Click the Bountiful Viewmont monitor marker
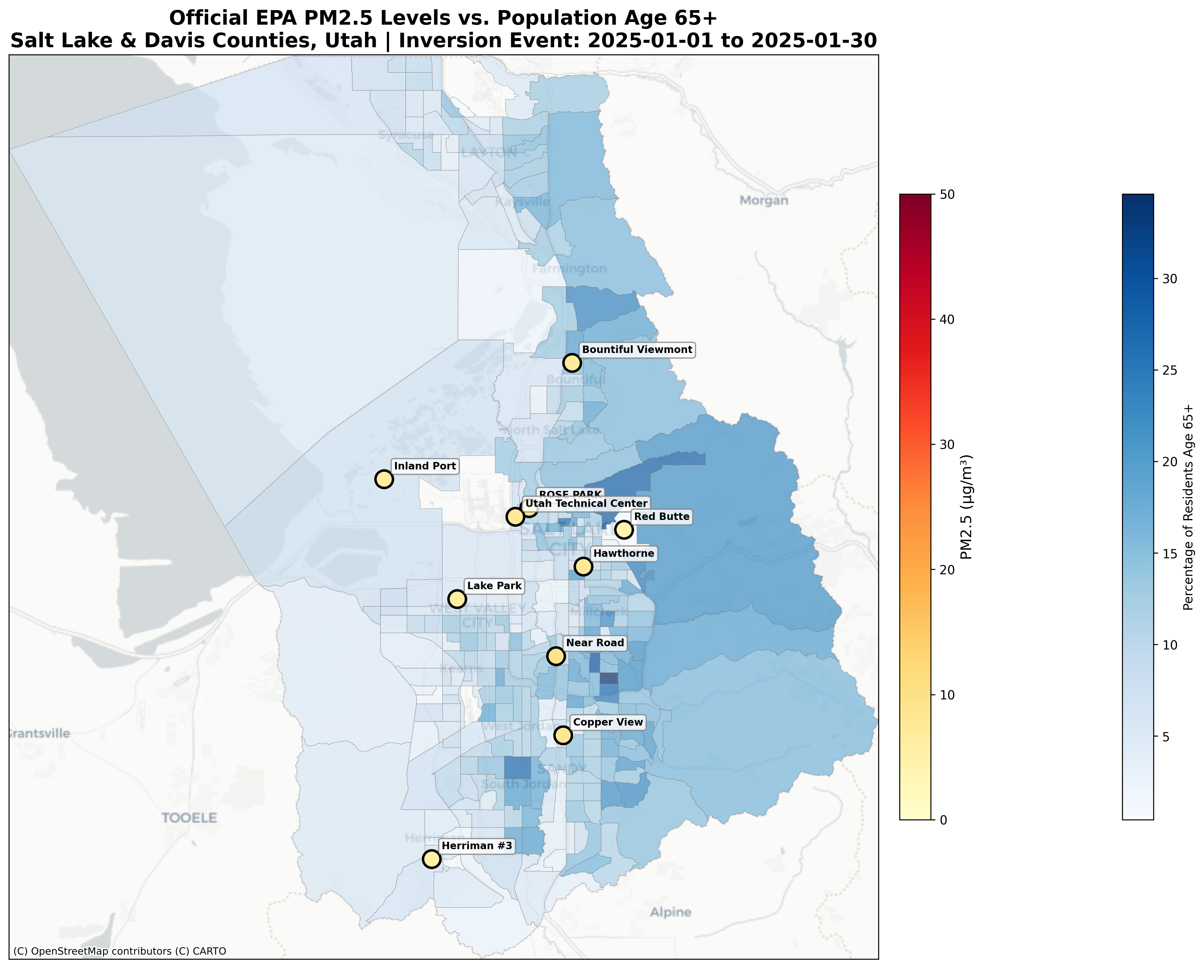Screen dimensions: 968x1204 [x=572, y=362]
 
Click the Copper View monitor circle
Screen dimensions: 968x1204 [x=563, y=735]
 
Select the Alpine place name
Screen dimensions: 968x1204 [x=670, y=912]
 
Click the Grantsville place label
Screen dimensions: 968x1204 [x=39, y=733]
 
